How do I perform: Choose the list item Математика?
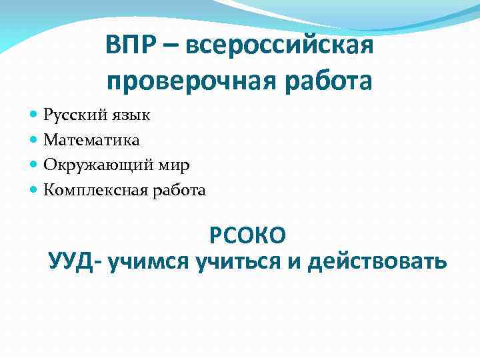91,140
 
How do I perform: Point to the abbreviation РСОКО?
247,235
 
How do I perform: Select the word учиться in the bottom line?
239,261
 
